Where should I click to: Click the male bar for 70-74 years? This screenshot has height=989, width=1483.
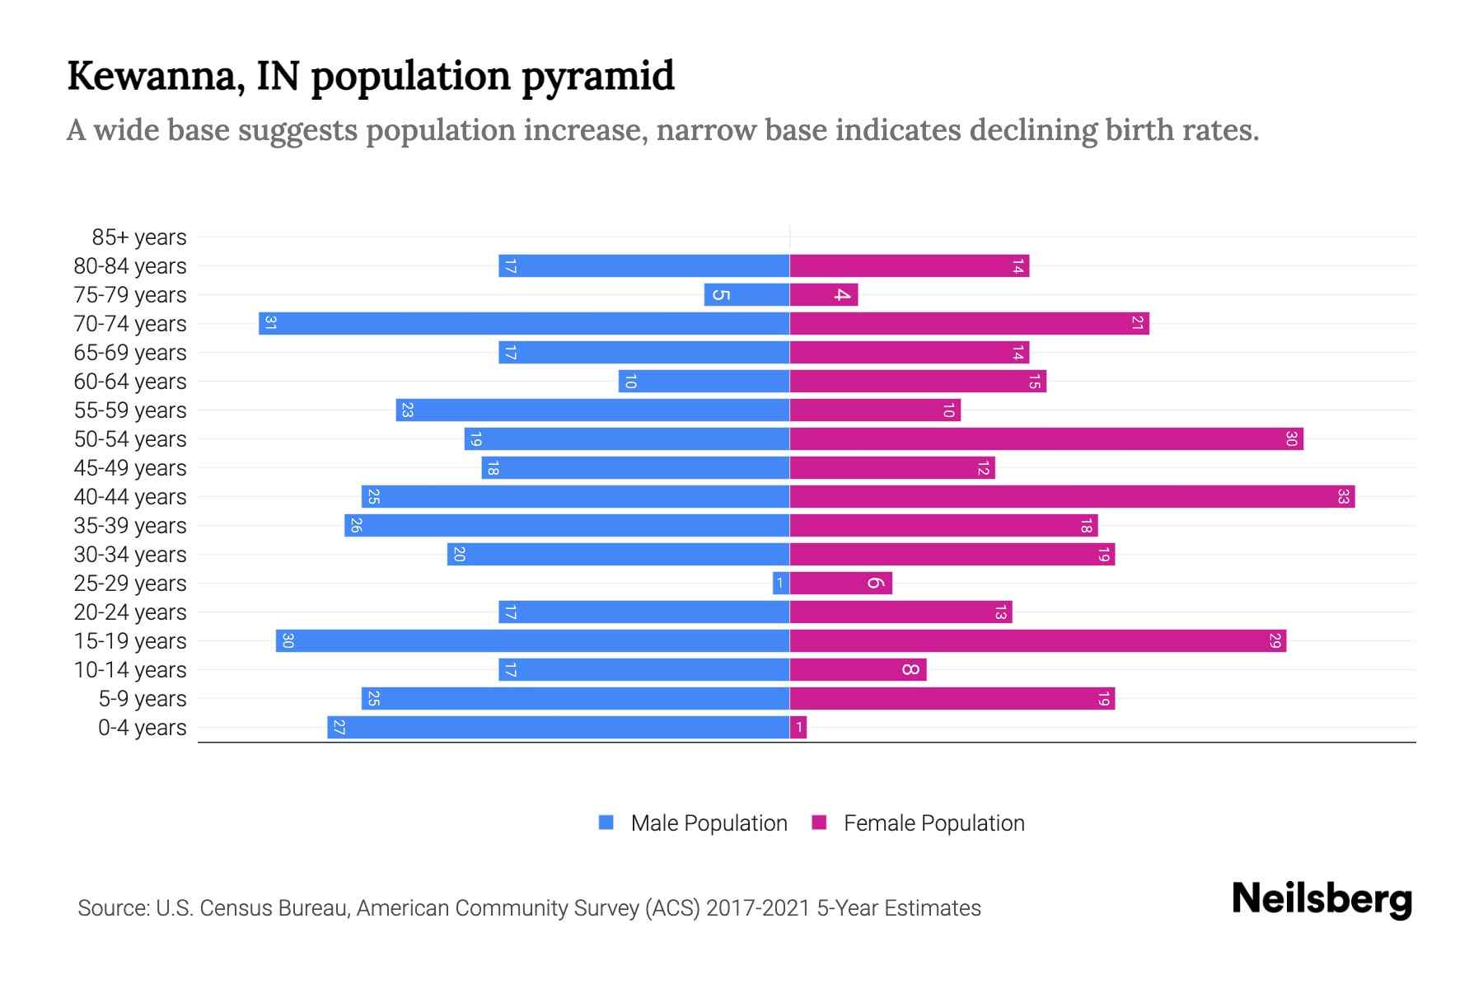coord(524,323)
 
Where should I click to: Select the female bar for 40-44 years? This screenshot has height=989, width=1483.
coord(1071,496)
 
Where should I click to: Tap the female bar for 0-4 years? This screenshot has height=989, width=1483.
coord(798,727)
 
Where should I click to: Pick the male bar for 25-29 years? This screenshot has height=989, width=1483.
coord(781,584)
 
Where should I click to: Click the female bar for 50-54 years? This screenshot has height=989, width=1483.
coord(1046,438)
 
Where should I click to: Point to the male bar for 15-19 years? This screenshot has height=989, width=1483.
coord(532,640)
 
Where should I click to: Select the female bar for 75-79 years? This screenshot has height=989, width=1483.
coord(824,294)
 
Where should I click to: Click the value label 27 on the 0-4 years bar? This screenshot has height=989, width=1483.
coord(339,727)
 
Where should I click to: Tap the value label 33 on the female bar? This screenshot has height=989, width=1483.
coord(1343,496)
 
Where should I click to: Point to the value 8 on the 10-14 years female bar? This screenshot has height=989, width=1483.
coord(910,669)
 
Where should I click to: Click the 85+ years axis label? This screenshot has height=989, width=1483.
coord(138,237)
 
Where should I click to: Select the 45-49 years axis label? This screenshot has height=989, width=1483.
coord(130,468)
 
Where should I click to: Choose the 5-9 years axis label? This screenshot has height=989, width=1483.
coord(142,699)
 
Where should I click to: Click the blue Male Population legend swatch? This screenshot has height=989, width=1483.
coord(606,823)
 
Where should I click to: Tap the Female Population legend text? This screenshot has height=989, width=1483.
coord(933,823)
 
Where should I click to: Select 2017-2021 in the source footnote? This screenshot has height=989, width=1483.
coord(758,908)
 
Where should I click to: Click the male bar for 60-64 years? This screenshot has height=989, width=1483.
coord(704,381)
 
